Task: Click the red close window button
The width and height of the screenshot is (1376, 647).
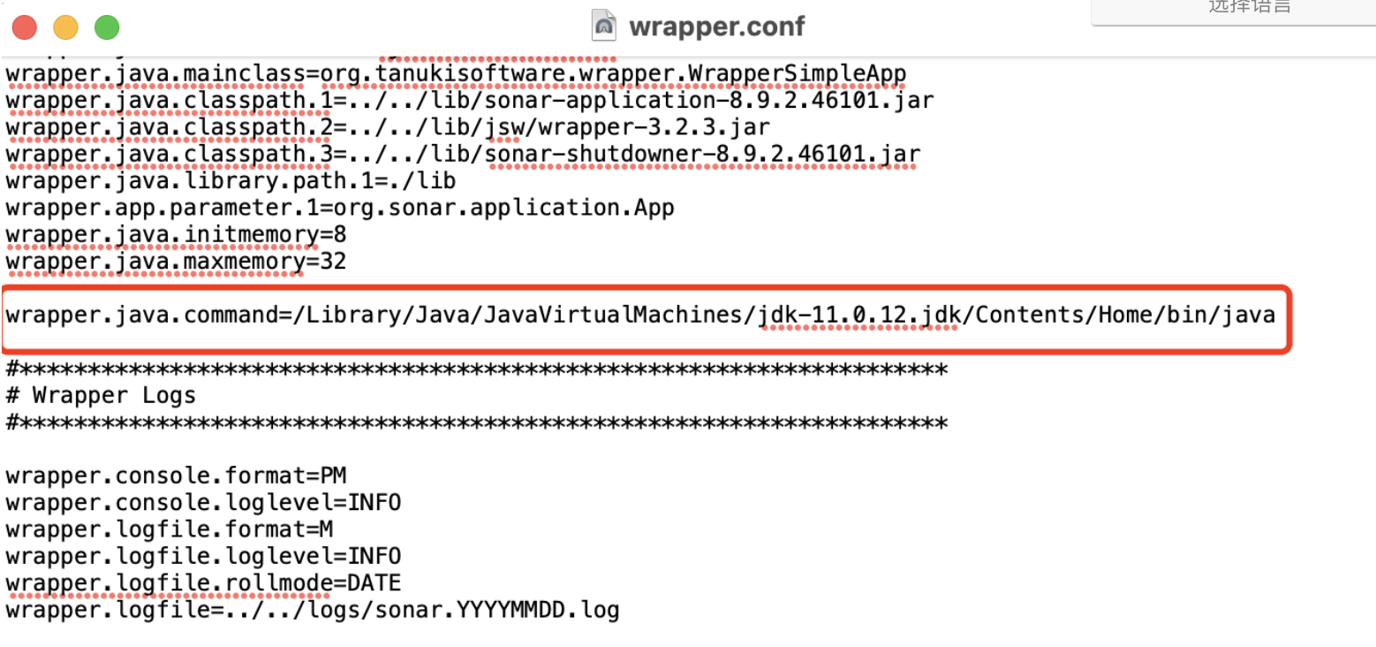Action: [x=25, y=27]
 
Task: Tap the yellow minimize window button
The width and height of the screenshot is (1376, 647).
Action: [x=65, y=27]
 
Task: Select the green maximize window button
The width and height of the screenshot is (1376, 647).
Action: [x=107, y=27]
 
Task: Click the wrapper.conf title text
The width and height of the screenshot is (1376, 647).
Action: [x=716, y=27]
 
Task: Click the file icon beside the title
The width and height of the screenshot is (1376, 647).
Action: [x=604, y=26]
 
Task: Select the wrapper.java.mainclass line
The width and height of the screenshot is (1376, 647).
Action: [x=456, y=73]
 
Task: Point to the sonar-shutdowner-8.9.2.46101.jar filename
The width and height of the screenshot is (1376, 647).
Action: [x=703, y=155]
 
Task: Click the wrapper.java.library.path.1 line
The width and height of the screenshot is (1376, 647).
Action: [x=231, y=182]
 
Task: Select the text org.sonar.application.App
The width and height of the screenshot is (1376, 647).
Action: [x=503, y=209]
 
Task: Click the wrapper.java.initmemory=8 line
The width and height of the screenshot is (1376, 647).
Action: [x=176, y=235]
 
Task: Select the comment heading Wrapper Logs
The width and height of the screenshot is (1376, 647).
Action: [x=114, y=395]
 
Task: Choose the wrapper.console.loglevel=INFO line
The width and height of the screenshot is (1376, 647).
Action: [x=203, y=503]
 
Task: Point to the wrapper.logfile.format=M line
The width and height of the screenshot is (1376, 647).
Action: [x=169, y=530]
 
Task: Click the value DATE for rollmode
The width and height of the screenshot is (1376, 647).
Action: [x=374, y=583]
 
